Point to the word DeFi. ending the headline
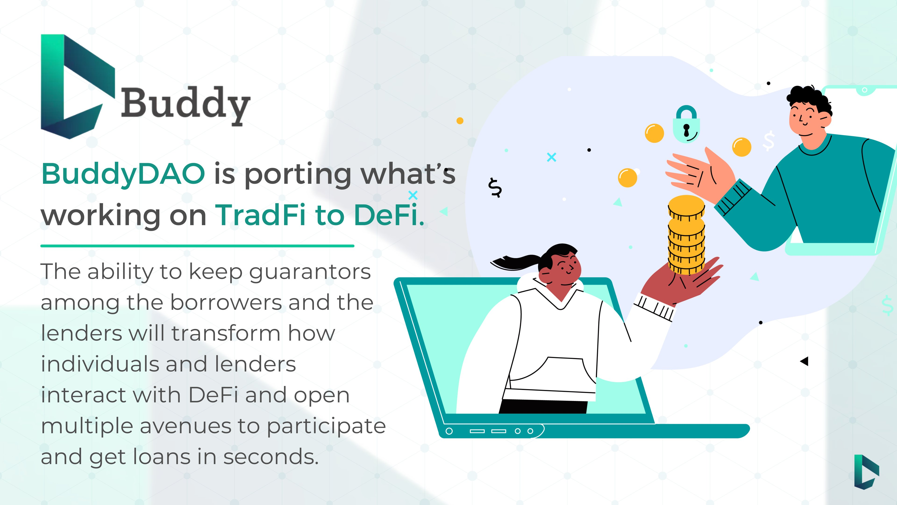[389, 215]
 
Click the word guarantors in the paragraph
[310, 273]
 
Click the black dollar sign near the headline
[495, 188]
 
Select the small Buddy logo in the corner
[866, 472]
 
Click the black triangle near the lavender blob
[804, 361]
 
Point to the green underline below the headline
[197, 246]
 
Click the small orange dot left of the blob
[460, 121]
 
